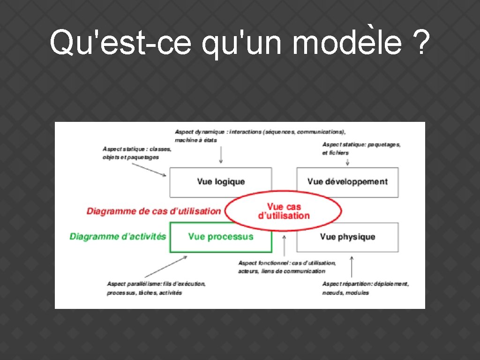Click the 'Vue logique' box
click(220, 182)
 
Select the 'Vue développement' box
click(347, 182)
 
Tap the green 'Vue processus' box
click(220, 237)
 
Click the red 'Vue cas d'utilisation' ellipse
click(284, 211)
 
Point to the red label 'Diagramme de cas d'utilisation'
click(153, 211)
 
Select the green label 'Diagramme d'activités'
click(118, 236)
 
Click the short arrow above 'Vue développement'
click(347, 162)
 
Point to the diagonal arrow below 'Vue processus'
click(166, 266)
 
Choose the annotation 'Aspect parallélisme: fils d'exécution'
click(156, 288)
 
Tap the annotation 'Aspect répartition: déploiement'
click(365, 288)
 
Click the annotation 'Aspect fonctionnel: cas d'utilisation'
click(286, 267)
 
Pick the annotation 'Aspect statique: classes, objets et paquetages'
click(137, 153)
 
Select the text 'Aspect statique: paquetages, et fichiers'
click(361, 149)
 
